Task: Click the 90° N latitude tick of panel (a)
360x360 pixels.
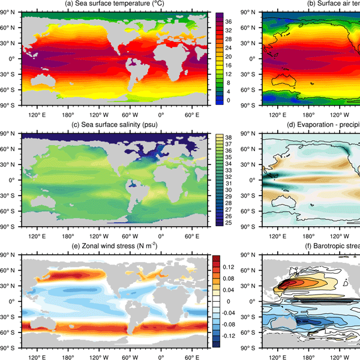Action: click(x=11, y=13)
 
